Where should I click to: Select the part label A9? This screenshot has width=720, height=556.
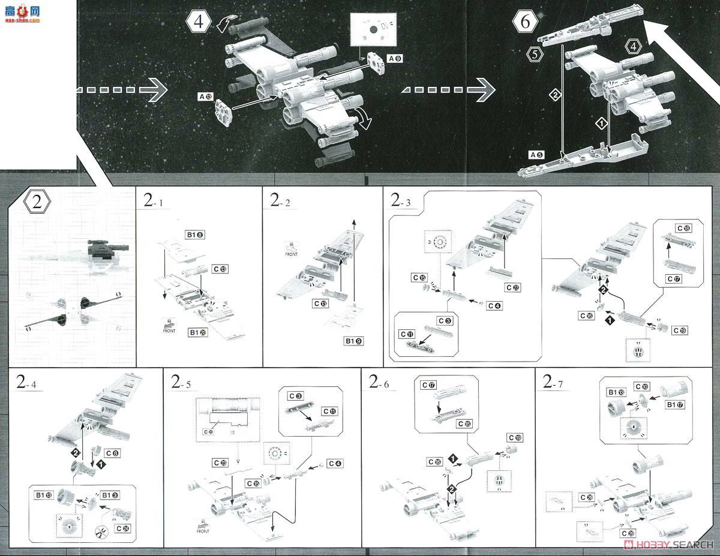395,59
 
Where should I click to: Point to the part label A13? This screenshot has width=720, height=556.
205,96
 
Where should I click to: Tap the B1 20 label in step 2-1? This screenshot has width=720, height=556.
198,332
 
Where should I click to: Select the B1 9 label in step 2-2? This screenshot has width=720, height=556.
354,341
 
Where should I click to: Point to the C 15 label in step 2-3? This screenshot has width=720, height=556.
419,278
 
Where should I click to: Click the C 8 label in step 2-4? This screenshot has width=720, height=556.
113,453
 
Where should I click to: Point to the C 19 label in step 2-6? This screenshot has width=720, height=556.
515,437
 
